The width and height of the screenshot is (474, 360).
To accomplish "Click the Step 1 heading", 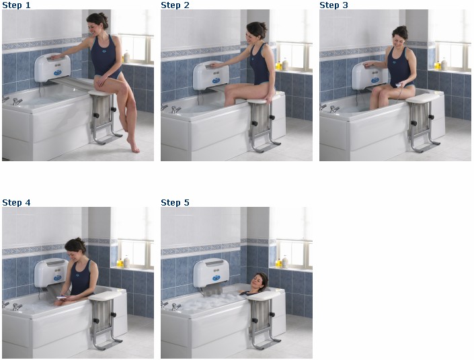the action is [x=16, y=5].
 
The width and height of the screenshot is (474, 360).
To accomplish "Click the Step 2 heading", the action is [x=175, y=5].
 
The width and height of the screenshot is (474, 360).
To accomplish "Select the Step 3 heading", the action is [x=333, y=5].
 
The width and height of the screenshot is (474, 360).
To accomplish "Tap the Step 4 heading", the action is [x=16, y=202].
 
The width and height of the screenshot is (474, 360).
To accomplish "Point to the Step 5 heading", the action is [x=175, y=202].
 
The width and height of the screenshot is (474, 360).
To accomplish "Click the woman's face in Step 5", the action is [x=258, y=282].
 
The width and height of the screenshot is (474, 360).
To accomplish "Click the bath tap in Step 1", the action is [x=17, y=101].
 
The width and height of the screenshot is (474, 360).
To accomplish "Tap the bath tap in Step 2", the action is [x=175, y=109].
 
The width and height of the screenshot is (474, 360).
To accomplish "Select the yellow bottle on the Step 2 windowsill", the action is [x=278, y=65].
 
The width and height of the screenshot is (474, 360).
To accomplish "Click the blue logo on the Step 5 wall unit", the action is [x=216, y=277].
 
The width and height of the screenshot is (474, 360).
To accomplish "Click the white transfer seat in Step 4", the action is [x=105, y=296].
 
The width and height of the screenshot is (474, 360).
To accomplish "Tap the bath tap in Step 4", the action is [x=17, y=307].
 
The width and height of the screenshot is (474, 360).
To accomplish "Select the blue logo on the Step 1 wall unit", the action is [x=57, y=73].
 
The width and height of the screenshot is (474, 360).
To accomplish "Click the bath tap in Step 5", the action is [x=175, y=307].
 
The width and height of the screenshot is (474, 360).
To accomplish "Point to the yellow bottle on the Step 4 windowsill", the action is [x=120, y=263].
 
